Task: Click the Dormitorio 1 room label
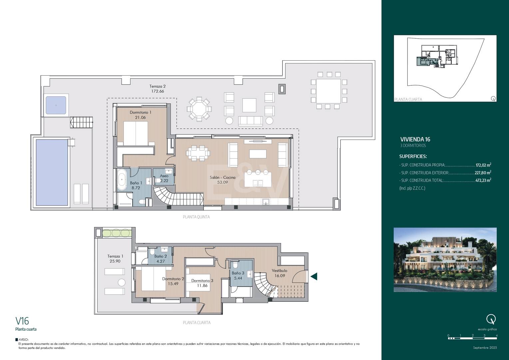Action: click(141, 112)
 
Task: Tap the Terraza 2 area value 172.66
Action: click(158, 91)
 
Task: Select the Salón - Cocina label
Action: click(223, 177)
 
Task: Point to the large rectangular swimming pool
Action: click(52, 172)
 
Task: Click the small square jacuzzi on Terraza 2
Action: click(56, 105)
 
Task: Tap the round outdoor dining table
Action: click(199, 109)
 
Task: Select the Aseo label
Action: click(164, 176)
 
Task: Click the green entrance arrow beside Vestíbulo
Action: click(313, 277)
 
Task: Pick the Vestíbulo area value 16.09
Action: click(280, 276)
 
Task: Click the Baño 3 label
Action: click(238, 273)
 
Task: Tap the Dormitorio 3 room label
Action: click(202, 281)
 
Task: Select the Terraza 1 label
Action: click(115, 256)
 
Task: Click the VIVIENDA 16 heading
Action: click(415, 139)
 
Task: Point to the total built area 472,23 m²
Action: click(483, 181)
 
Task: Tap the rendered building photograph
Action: click(445, 260)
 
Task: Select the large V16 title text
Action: click(22, 321)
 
